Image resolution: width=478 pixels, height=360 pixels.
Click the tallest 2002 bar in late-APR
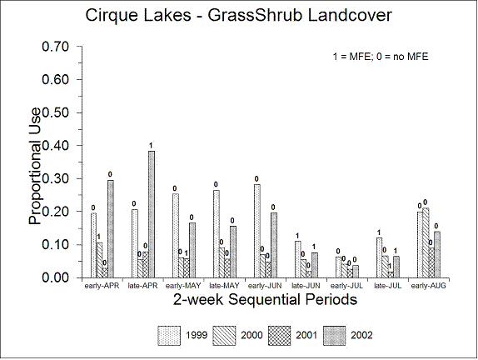coord(152,214)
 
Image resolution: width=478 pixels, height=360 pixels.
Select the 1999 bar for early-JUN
coord(257,231)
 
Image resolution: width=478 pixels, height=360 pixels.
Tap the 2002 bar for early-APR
coord(111,229)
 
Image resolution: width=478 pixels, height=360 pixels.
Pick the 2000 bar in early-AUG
coord(426,242)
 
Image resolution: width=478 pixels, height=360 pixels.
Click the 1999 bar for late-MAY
coord(217,234)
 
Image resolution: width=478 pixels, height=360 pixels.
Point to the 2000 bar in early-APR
coord(99,260)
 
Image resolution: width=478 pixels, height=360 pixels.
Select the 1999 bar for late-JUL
coord(379,257)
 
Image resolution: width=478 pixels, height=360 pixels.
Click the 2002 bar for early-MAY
coord(192,250)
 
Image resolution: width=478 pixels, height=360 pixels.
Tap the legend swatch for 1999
coord(169,336)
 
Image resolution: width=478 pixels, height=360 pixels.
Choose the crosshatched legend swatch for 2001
coord(280,336)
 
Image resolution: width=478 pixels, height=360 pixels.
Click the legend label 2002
coord(361,335)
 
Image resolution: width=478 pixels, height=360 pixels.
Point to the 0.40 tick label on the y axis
coord(56,146)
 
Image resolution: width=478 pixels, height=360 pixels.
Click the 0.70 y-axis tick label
coord(56,47)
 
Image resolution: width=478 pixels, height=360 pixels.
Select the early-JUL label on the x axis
coord(346,286)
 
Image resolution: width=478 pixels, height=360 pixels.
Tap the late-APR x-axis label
coord(142,286)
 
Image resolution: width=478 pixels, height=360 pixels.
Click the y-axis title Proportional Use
coord(34,167)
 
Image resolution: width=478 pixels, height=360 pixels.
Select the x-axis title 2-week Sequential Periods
coord(265,299)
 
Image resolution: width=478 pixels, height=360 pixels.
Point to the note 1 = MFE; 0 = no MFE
coord(381,57)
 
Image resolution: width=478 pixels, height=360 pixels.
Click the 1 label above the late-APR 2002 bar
coord(151,146)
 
